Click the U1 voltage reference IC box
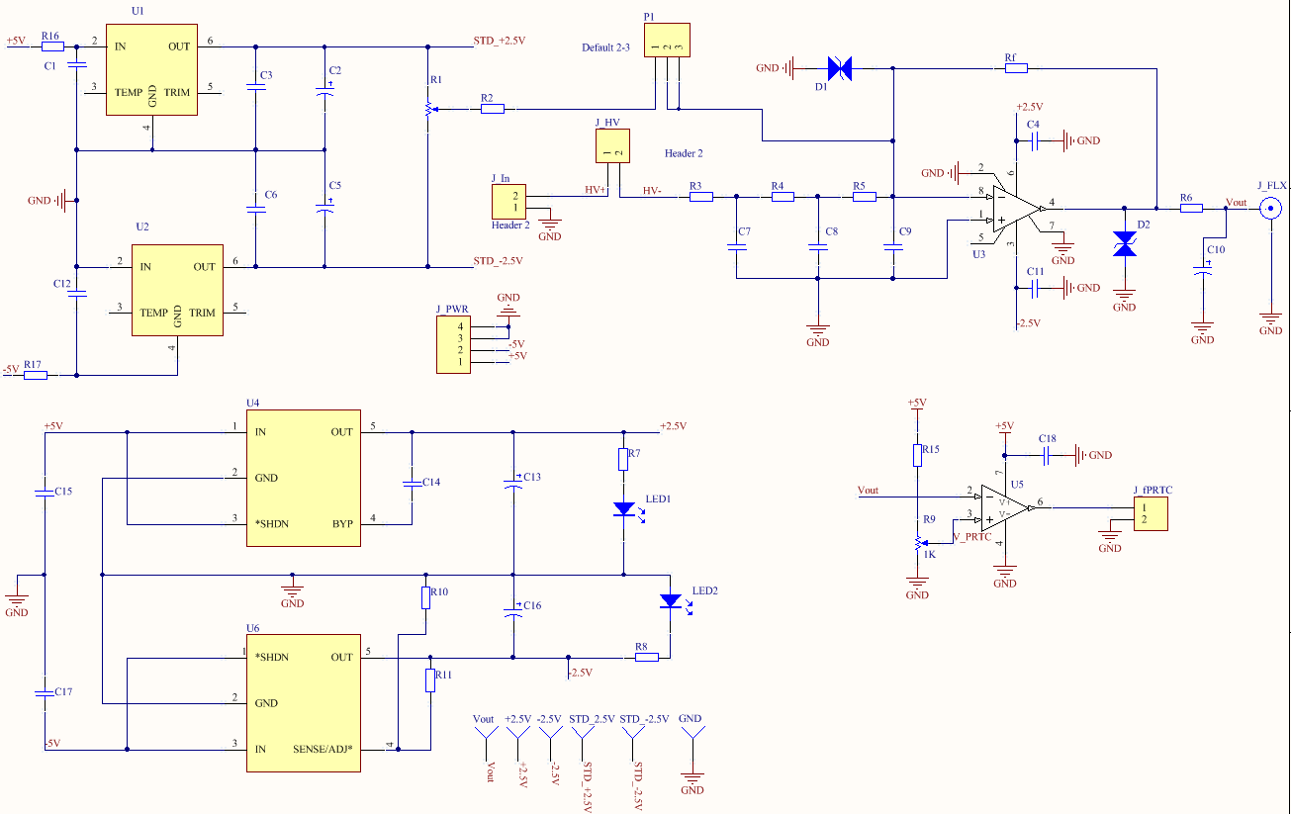(x=152, y=68)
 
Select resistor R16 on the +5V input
(x=52, y=45)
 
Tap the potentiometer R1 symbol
(x=427, y=109)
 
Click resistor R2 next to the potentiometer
(x=492, y=109)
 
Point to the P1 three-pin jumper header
(x=667, y=42)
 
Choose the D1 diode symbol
(x=840, y=68)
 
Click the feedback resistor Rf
(x=1016, y=68)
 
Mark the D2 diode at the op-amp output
(x=1125, y=244)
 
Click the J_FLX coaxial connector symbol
(x=1270, y=209)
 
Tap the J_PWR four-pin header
(x=453, y=344)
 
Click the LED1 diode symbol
(x=623, y=508)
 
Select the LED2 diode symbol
(x=671, y=600)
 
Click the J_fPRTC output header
(x=1151, y=513)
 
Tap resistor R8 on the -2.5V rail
(x=646, y=657)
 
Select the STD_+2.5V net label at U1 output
(x=500, y=42)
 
